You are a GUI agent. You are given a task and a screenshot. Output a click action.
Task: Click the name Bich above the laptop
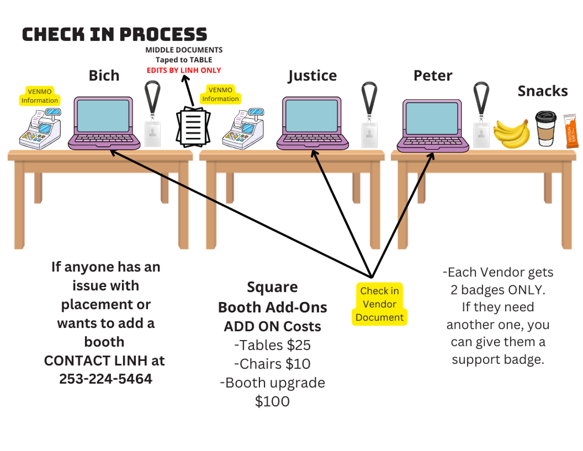pos(104,76)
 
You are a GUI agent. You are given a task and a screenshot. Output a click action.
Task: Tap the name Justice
pos(312,76)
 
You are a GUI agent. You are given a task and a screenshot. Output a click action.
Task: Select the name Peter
pos(433,76)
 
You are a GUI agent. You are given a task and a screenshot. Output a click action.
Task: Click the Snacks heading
pos(543,91)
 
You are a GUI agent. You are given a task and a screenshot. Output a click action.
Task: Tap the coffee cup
pos(545,128)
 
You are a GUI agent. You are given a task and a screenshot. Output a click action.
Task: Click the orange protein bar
pos(571,131)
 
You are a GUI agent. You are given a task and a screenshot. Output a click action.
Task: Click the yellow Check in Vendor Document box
pos(380,304)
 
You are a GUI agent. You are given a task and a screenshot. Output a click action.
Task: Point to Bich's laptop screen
pos(104,116)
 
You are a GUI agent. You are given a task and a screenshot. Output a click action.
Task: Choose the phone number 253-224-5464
pos(106,379)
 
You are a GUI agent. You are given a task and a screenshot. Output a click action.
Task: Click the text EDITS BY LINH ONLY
pos(184,70)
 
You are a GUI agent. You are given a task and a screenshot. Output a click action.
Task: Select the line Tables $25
pos(272,345)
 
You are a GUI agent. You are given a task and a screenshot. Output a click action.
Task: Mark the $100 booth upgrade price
pos(272,401)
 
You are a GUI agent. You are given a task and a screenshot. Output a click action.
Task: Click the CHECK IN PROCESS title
pos(114,35)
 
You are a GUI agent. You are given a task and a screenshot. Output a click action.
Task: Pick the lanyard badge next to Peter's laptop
pos(481,115)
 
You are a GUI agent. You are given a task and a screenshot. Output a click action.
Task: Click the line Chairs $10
pos(272,364)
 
